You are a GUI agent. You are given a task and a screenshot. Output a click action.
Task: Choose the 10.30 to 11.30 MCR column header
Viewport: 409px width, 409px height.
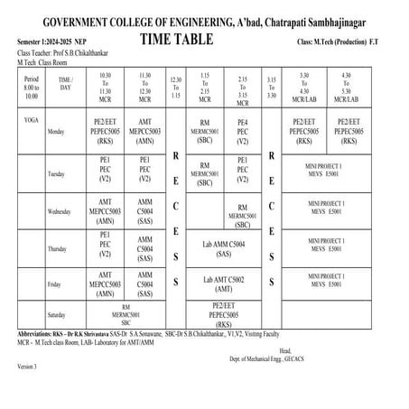105,89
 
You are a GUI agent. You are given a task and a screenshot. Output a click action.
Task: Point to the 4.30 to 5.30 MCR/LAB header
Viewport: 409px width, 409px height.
345,89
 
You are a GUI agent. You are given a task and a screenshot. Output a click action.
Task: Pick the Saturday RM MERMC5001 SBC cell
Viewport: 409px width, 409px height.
126,314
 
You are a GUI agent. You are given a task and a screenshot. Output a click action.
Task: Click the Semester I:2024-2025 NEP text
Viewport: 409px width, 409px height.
54,43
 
